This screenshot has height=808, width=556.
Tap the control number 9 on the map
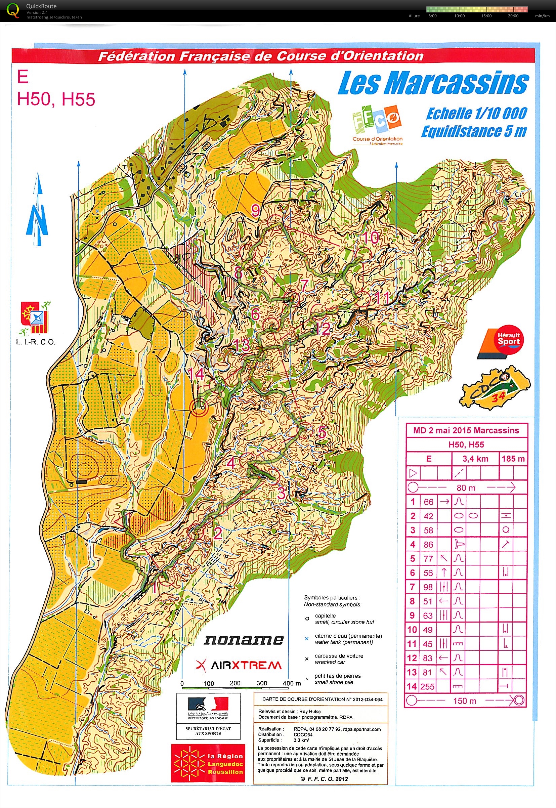point(256,210)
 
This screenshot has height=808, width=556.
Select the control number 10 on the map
point(371,238)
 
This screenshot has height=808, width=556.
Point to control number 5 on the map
point(322,433)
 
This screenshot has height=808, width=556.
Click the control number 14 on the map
point(196,374)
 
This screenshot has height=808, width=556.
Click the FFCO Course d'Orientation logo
point(377,125)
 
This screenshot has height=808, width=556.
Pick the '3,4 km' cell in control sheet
point(475,459)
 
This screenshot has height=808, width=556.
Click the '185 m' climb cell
point(513,459)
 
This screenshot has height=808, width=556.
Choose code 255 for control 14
point(427,687)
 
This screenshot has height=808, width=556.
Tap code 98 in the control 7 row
point(428,587)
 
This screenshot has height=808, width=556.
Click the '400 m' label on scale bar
point(292,683)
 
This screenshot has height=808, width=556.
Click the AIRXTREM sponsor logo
point(239,665)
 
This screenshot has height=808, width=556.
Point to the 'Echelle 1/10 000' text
point(476,114)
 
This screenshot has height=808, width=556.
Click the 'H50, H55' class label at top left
point(56,99)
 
